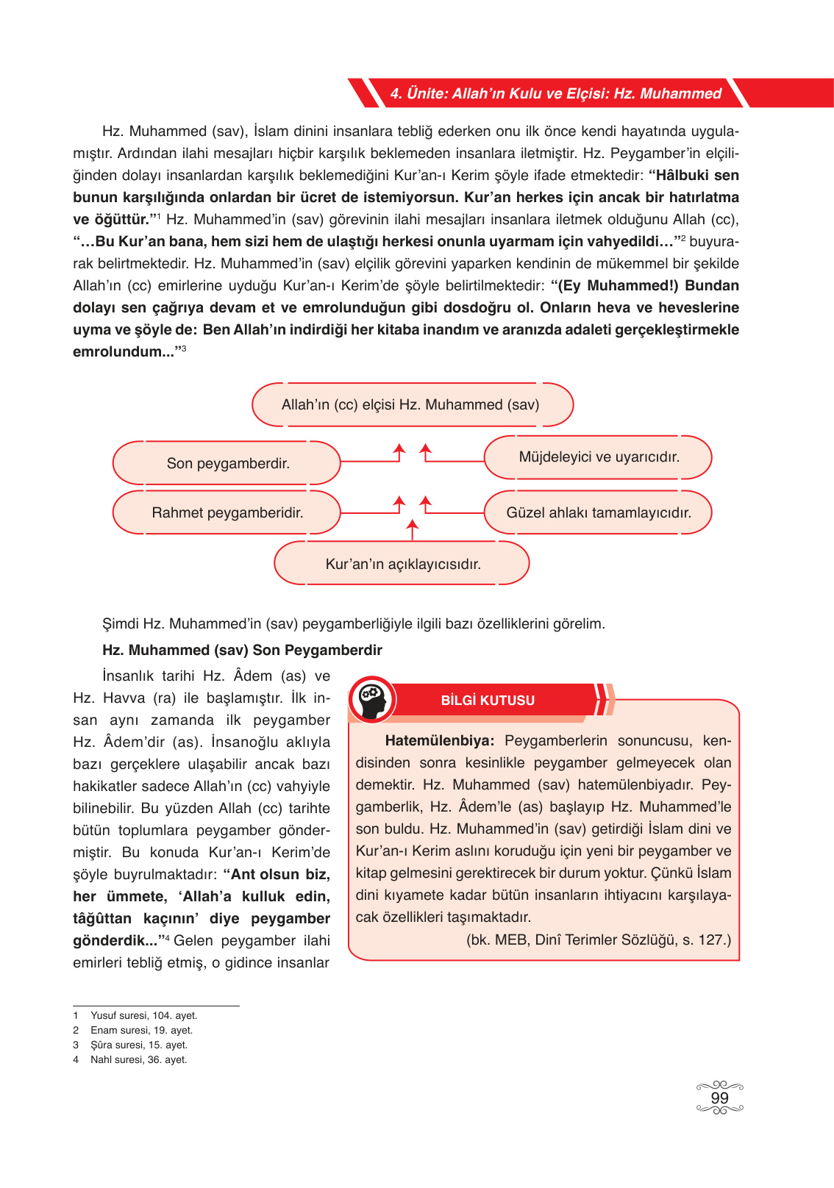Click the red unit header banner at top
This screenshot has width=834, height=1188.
click(x=555, y=93)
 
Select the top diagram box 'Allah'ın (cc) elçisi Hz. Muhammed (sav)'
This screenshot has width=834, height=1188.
click(x=410, y=404)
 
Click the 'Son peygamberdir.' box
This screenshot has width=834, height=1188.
click(x=227, y=463)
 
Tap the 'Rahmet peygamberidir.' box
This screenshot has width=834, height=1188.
click(x=227, y=512)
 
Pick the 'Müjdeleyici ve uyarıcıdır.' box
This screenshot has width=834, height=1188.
click(x=599, y=457)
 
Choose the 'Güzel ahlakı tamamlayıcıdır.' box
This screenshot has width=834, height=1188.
click(x=599, y=512)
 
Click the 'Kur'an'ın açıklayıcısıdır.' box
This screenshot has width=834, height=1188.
click(x=402, y=564)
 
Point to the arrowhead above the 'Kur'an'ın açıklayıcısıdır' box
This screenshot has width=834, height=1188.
click(x=413, y=524)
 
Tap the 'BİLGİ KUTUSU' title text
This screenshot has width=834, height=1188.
click(x=488, y=701)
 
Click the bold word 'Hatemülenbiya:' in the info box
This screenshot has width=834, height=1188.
click(x=439, y=740)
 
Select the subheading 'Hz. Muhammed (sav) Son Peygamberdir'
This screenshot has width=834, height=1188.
click(x=242, y=650)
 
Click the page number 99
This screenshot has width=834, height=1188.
click(x=719, y=1098)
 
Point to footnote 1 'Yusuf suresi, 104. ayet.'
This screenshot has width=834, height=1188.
click(x=143, y=1015)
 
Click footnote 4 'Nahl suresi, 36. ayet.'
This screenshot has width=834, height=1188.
click(x=138, y=1059)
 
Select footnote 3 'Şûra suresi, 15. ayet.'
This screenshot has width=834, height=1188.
click(x=138, y=1045)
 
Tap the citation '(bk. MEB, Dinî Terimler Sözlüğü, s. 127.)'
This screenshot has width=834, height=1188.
click(x=598, y=940)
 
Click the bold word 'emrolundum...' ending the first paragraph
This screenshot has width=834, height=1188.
click(x=122, y=351)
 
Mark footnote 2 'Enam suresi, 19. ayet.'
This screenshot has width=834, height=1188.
click(x=141, y=1030)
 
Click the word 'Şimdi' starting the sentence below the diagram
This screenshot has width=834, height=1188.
click(x=120, y=623)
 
